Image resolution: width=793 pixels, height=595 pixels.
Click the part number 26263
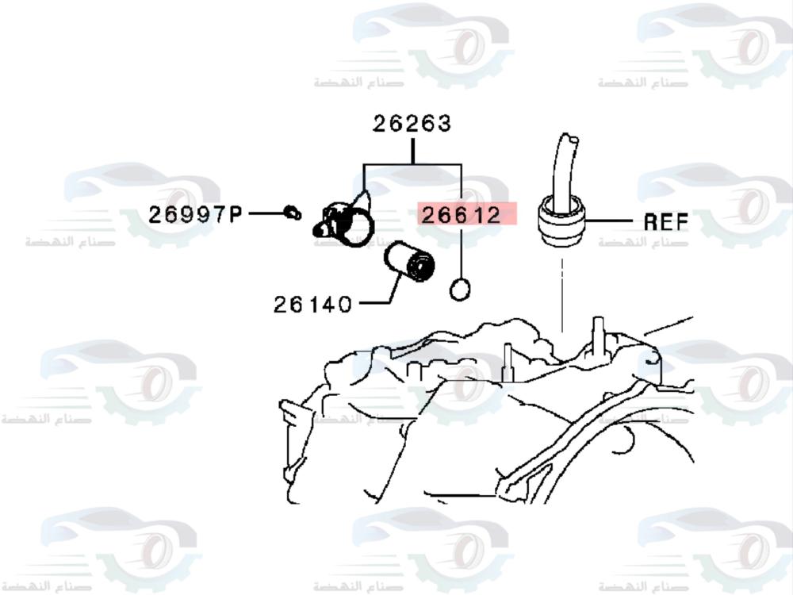coord(412,124)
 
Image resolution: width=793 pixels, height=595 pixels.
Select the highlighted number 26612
coord(462,214)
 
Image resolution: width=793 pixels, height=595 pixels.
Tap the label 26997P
coord(195,214)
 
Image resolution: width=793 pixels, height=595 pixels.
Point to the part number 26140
coord(312,303)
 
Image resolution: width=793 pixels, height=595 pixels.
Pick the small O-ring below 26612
coord(460,290)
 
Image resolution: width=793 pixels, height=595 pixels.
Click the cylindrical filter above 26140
coord(409,263)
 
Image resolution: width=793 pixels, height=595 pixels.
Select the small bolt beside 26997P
coord(293,213)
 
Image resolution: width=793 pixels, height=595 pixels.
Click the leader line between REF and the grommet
coord(611,220)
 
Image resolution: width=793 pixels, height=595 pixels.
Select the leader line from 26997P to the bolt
coord(266,213)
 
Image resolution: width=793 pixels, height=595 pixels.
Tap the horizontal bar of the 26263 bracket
coord(412,166)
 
